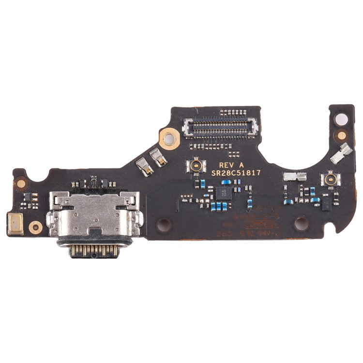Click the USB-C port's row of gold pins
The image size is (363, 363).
tap(93, 250)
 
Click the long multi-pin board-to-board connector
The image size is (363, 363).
tap(220, 129)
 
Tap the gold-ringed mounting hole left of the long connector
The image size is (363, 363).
tap(169, 139)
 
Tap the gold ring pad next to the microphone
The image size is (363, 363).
tap(35, 226)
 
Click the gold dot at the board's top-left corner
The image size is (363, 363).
tap(21, 183)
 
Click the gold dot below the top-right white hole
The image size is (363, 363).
tap(342, 136)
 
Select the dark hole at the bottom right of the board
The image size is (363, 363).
tap(301, 223)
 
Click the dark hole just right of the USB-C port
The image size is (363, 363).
tap(164, 224)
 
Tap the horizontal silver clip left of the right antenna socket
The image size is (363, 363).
tap(295, 177)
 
